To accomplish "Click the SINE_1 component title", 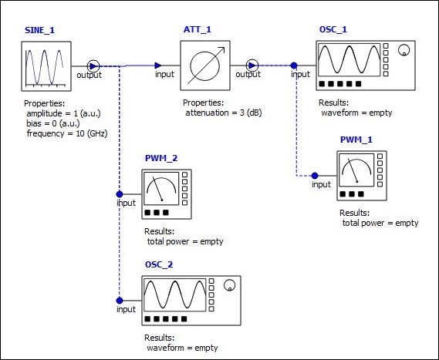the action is [39, 30].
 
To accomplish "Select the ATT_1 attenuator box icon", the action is [205, 66].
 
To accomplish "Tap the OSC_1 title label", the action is [333, 29].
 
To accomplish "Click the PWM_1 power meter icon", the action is [362, 176].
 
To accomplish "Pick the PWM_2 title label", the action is [161, 158].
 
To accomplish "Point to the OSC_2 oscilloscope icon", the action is [191, 301].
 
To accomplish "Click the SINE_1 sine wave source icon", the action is [46, 66].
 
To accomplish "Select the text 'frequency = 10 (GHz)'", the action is [67, 133].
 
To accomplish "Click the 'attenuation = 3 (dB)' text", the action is [224, 113].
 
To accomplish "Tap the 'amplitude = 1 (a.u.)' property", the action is [63, 113].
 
